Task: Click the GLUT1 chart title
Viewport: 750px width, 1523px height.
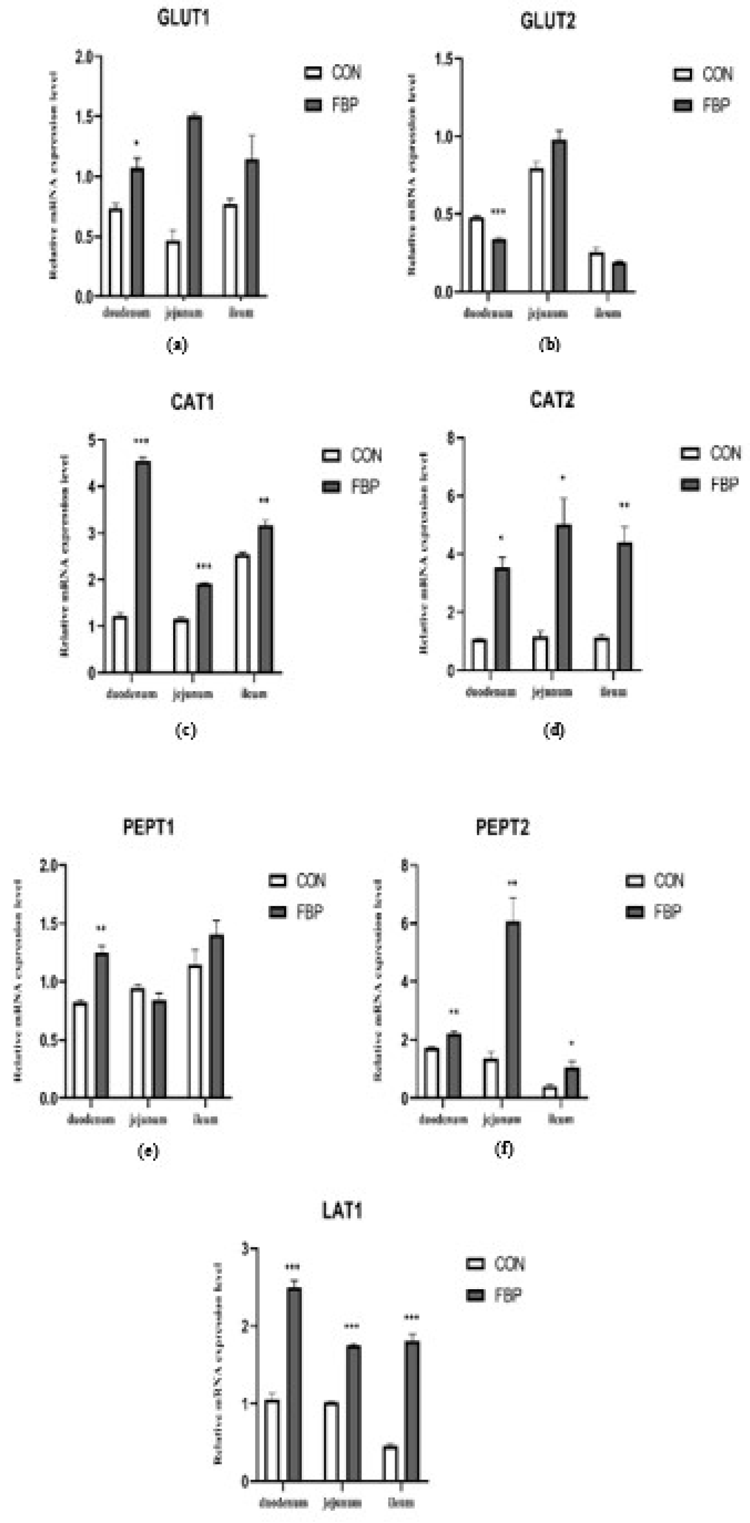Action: click(183, 18)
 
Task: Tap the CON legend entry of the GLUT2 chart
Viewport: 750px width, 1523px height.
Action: click(704, 75)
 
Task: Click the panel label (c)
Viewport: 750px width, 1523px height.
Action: click(185, 730)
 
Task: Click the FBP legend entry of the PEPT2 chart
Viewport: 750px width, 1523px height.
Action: click(653, 912)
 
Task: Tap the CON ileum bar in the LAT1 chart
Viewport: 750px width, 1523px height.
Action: click(390, 1463)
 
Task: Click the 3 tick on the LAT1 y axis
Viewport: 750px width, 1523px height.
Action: click(246, 1248)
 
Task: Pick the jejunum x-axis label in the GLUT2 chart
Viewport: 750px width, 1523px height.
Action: click(548, 313)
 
